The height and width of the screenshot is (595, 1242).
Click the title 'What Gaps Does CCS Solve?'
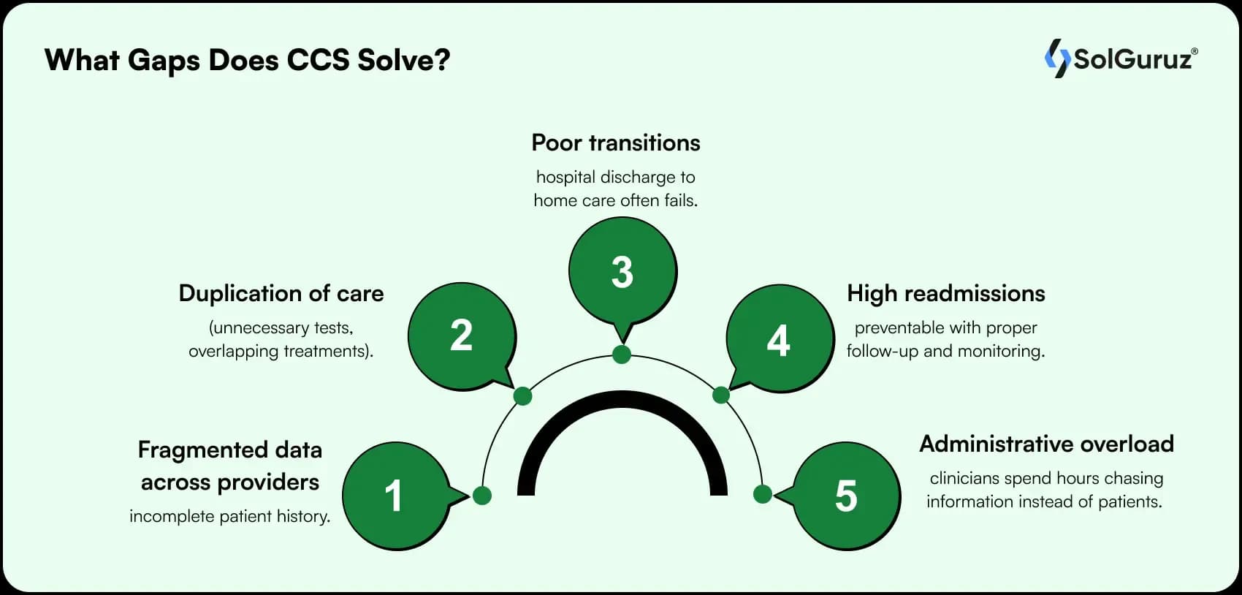[x=247, y=60]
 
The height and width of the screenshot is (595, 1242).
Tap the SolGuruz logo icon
[x=1056, y=58]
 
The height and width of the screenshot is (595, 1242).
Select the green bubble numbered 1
[x=395, y=496]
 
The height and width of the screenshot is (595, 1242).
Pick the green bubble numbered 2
[x=461, y=336]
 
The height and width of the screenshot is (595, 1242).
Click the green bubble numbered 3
[x=622, y=272]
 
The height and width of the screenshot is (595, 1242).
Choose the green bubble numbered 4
[x=779, y=340]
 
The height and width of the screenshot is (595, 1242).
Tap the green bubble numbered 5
[x=846, y=496]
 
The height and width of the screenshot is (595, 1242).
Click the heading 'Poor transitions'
[x=616, y=143]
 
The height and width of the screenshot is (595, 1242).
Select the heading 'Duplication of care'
[x=281, y=293]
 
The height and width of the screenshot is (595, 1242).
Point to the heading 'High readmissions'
[x=945, y=293]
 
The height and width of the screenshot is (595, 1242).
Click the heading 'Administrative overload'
[x=1046, y=444]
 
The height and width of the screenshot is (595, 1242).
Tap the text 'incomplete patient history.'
[x=229, y=516]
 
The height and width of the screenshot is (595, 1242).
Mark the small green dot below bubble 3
[x=622, y=355]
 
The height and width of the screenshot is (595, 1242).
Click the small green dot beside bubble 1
[x=481, y=496]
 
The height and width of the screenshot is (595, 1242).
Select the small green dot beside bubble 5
[x=762, y=494]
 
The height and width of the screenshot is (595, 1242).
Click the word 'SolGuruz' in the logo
[x=1132, y=59]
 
